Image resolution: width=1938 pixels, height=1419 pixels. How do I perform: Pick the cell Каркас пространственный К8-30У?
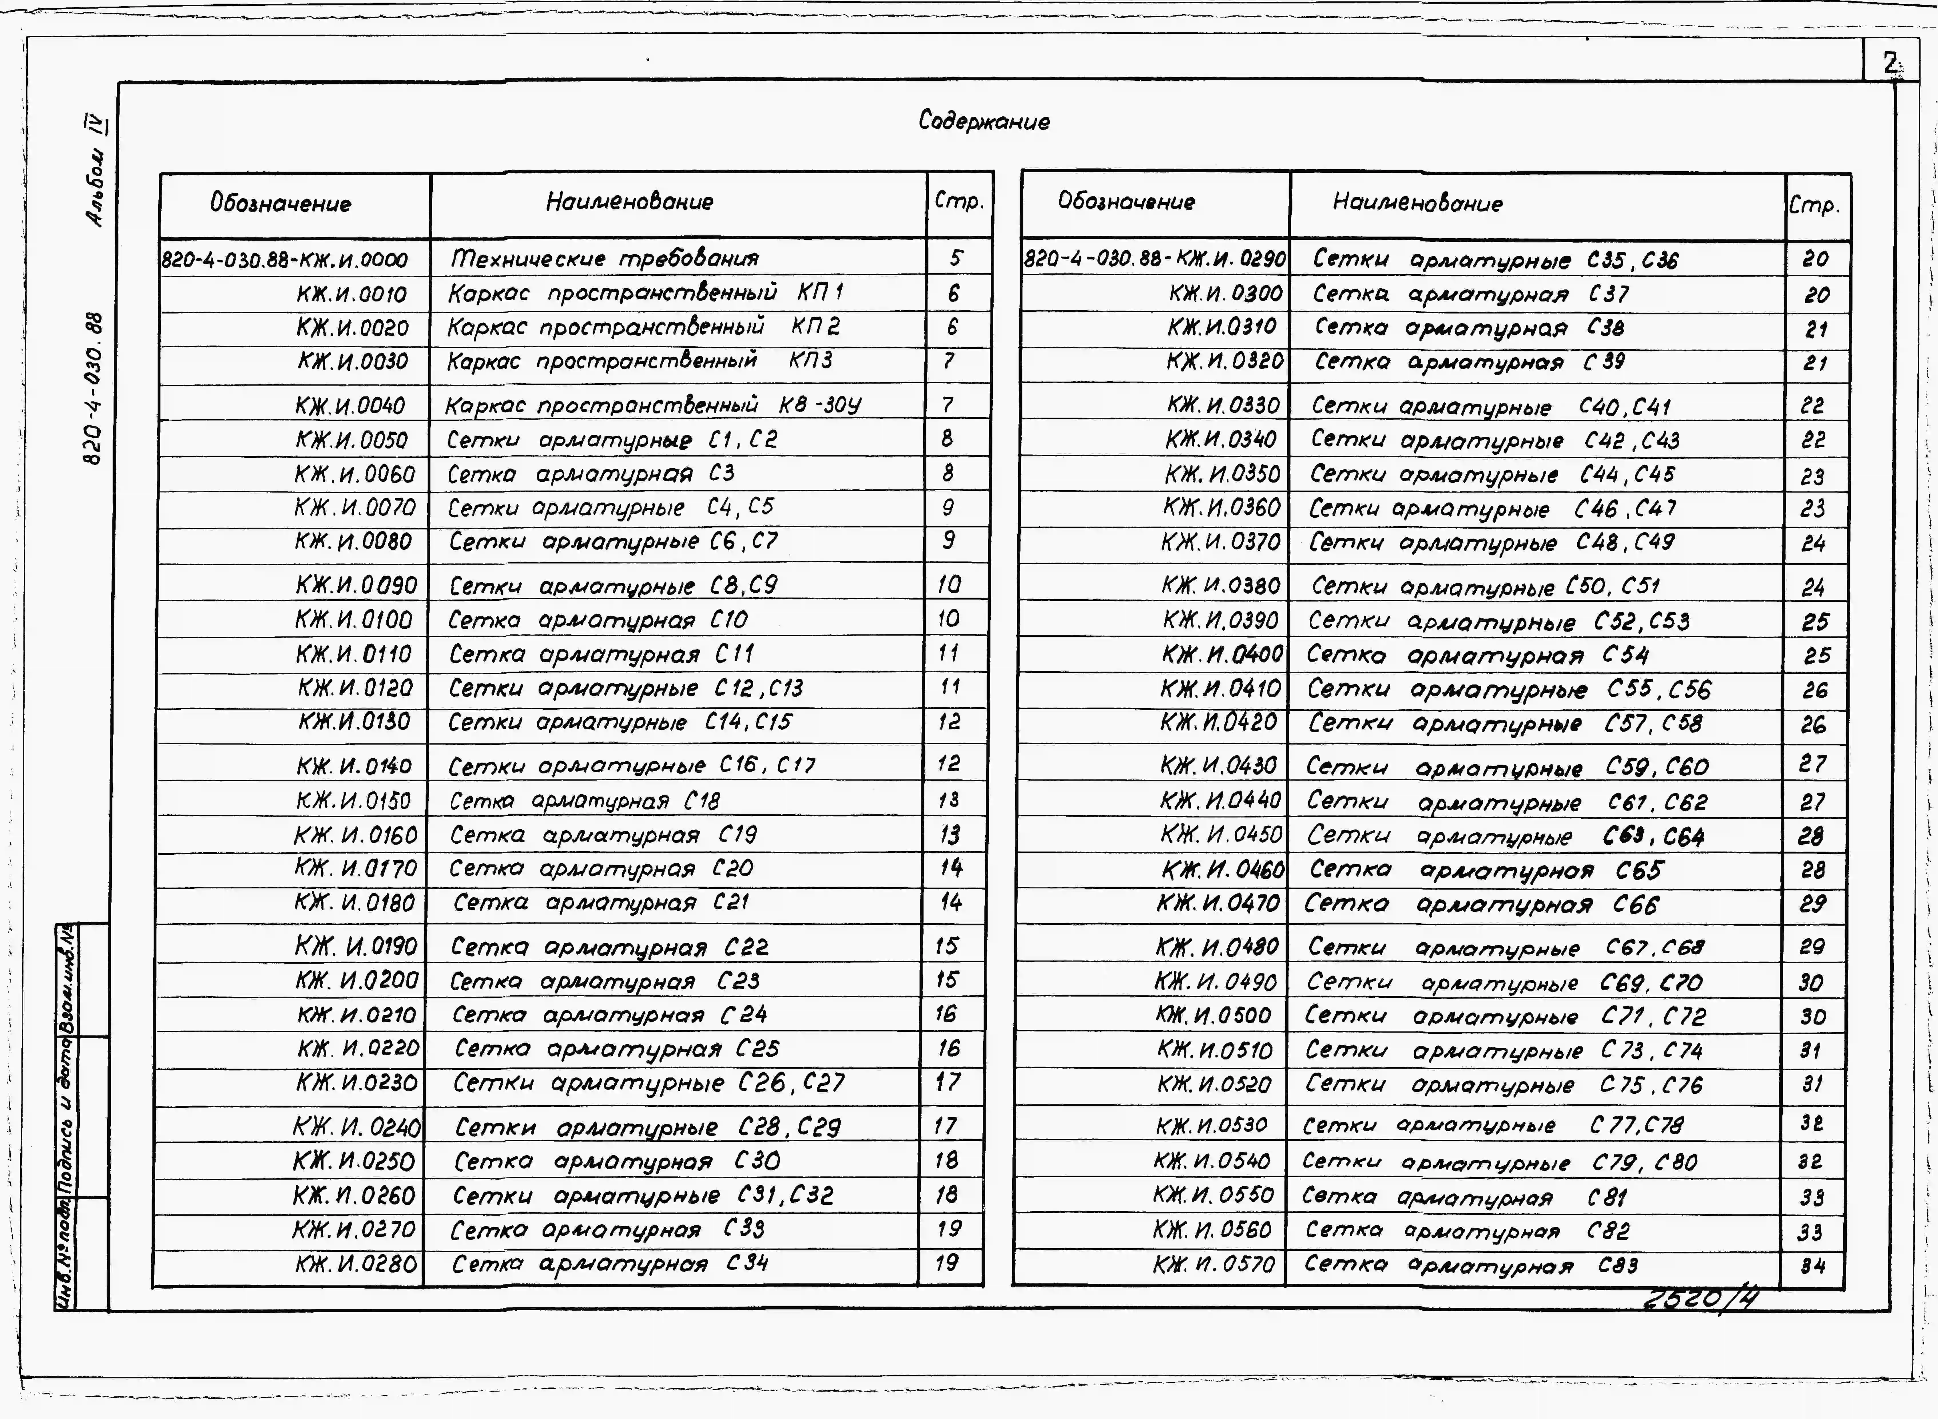coord(653,404)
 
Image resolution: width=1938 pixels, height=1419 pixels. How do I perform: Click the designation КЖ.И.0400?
coord(1222,654)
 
